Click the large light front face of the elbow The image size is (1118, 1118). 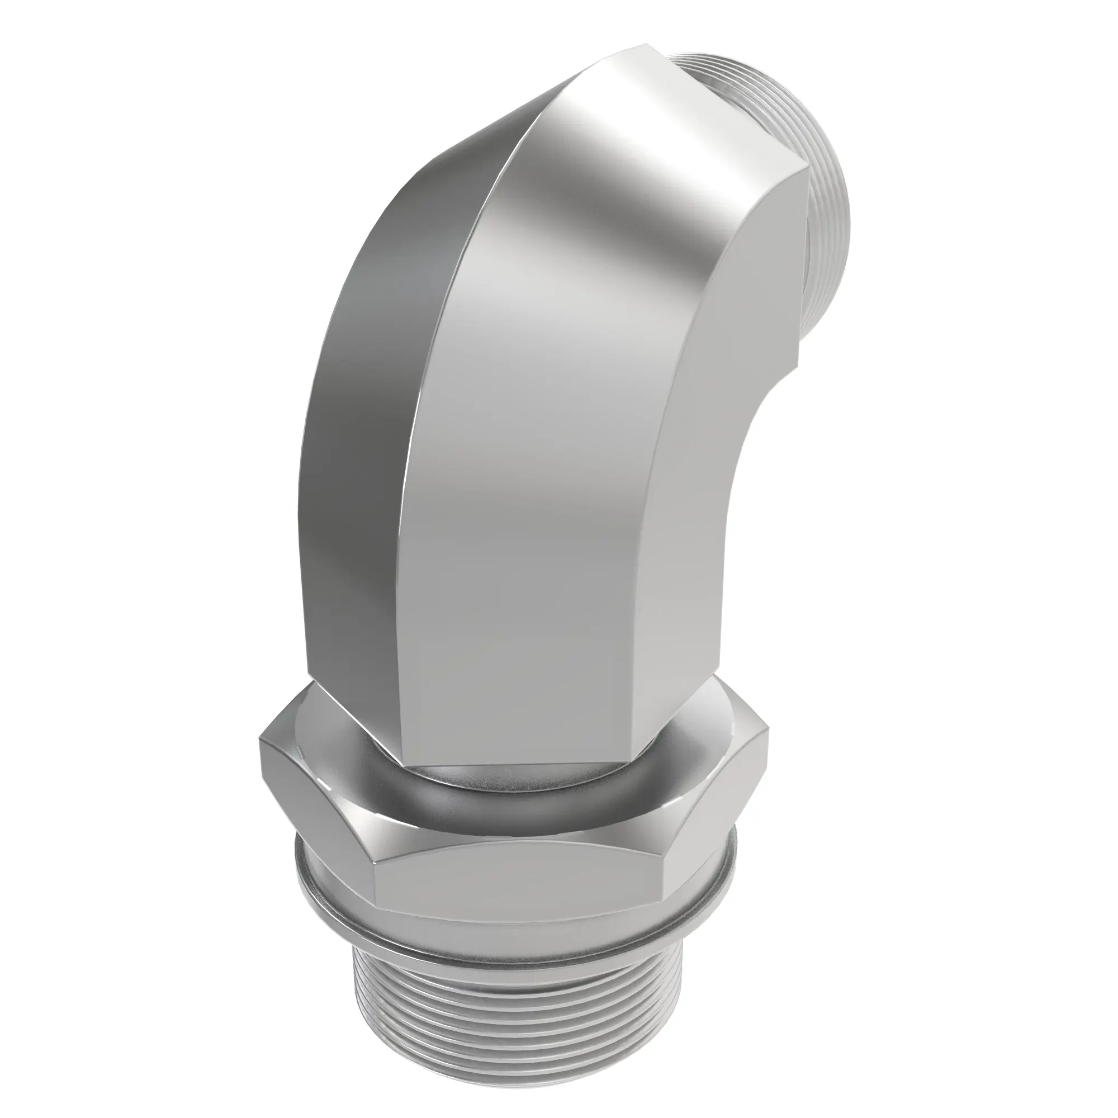[556, 463]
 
